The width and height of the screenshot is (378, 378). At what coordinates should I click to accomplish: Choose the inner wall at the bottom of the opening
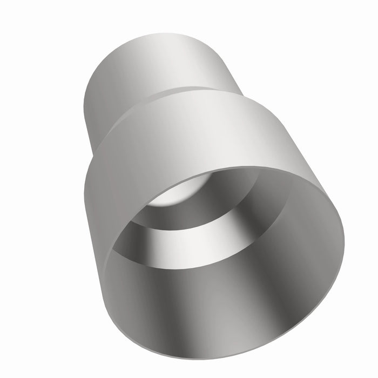click(x=216, y=302)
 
